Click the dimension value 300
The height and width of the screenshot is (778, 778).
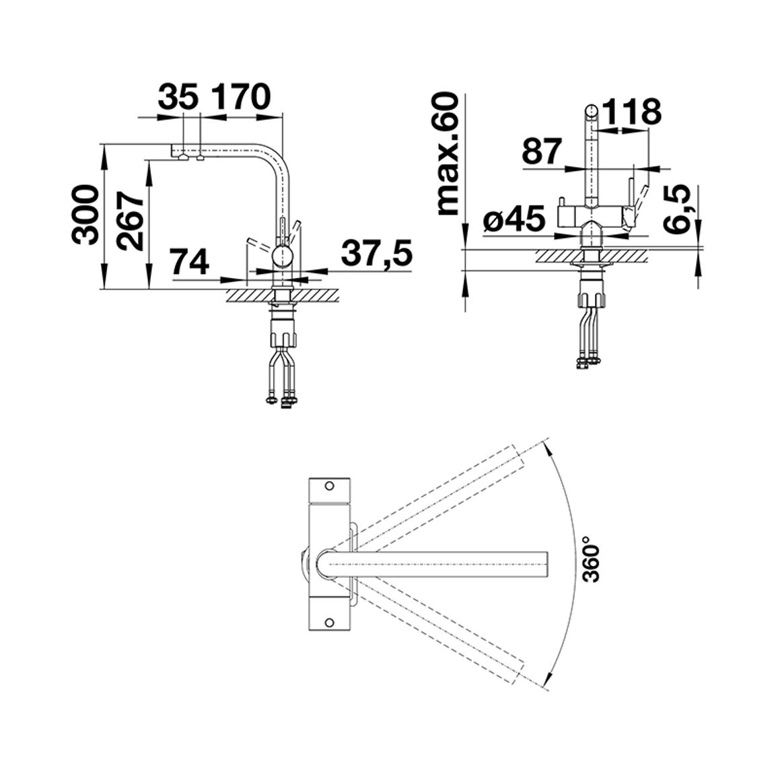tap(83, 215)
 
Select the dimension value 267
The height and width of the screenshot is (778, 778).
tap(130, 221)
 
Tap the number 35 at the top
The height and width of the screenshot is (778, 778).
tap(178, 97)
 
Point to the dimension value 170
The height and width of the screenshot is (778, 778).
tap(242, 97)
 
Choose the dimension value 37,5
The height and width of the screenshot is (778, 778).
tap(377, 253)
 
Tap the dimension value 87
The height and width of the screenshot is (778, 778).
tap(542, 151)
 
